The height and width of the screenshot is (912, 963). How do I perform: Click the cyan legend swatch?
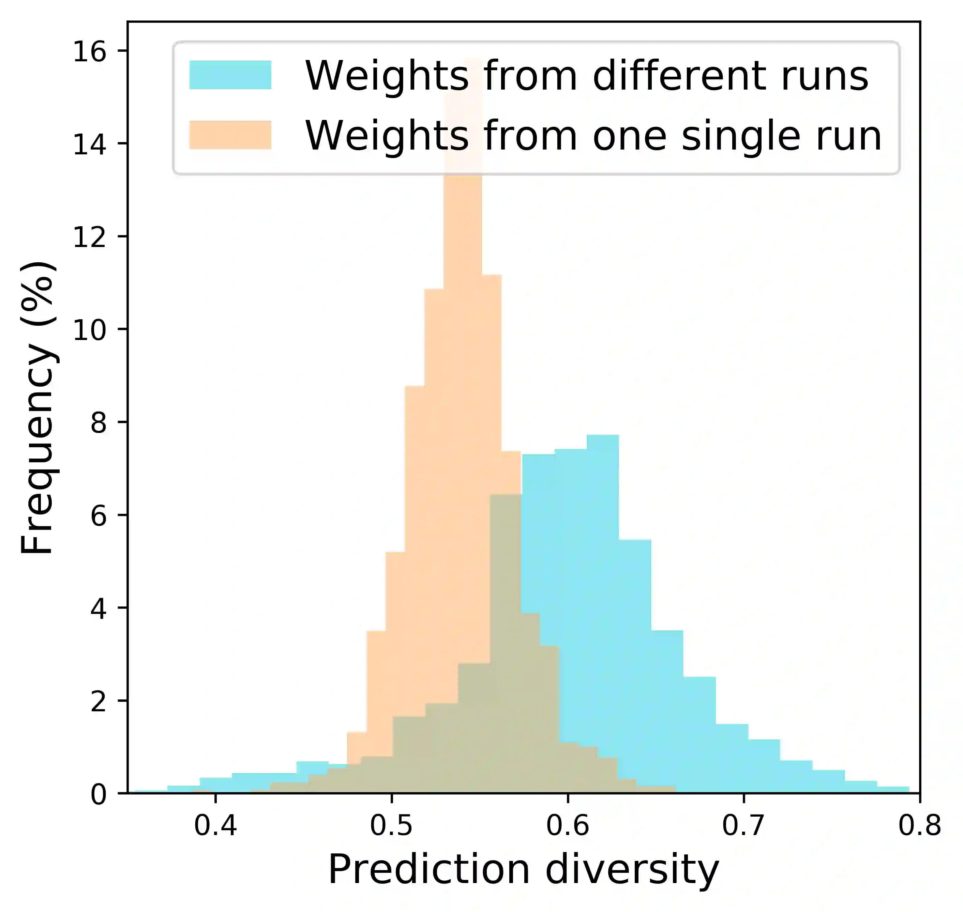click(230, 75)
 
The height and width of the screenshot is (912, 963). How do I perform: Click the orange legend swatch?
click(230, 135)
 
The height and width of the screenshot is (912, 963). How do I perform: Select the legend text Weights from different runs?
click(586, 76)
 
